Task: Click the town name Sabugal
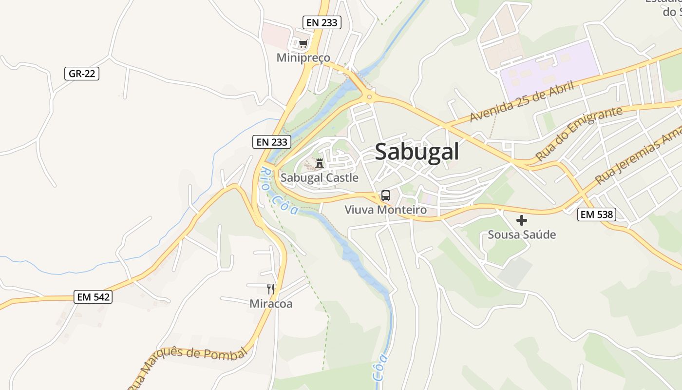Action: point(417,152)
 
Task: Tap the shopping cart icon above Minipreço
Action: point(303,44)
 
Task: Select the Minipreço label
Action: point(303,58)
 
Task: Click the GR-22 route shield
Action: point(82,74)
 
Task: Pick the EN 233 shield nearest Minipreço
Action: point(321,22)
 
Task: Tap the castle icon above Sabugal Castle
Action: point(320,163)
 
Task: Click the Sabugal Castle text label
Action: point(319,178)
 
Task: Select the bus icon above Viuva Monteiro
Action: point(386,195)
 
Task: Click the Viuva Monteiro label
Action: point(385,210)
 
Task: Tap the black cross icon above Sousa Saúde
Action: point(522,220)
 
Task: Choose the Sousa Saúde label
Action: point(522,235)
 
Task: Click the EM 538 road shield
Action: point(597,214)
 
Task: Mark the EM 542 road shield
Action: point(93,296)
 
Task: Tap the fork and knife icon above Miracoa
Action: point(271,289)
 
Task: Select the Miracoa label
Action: point(271,304)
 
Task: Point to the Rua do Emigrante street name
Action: point(579,133)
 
